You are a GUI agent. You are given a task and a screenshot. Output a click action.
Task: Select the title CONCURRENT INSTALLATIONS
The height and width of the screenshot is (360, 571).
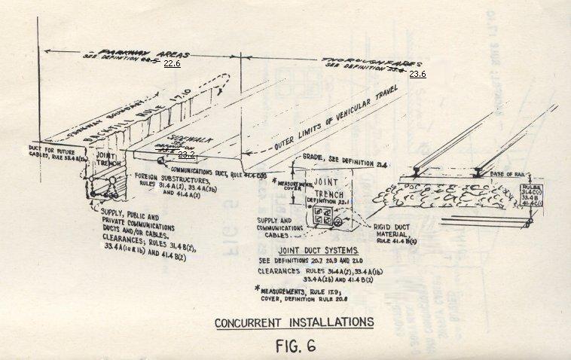[x=294, y=322]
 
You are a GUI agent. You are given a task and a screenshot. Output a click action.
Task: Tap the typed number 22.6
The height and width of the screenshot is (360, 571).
[x=172, y=64]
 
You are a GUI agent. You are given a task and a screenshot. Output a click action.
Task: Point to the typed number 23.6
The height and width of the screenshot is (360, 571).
[x=417, y=74]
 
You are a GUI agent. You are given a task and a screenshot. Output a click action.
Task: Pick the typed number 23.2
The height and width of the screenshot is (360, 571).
[x=186, y=154]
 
